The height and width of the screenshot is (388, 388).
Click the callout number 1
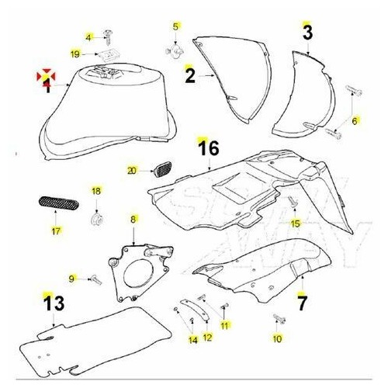tap(47, 89)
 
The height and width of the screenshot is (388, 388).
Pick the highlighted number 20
tap(131, 169)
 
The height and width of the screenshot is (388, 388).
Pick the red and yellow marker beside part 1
tap(47, 76)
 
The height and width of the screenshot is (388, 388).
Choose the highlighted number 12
tap(206, 337)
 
